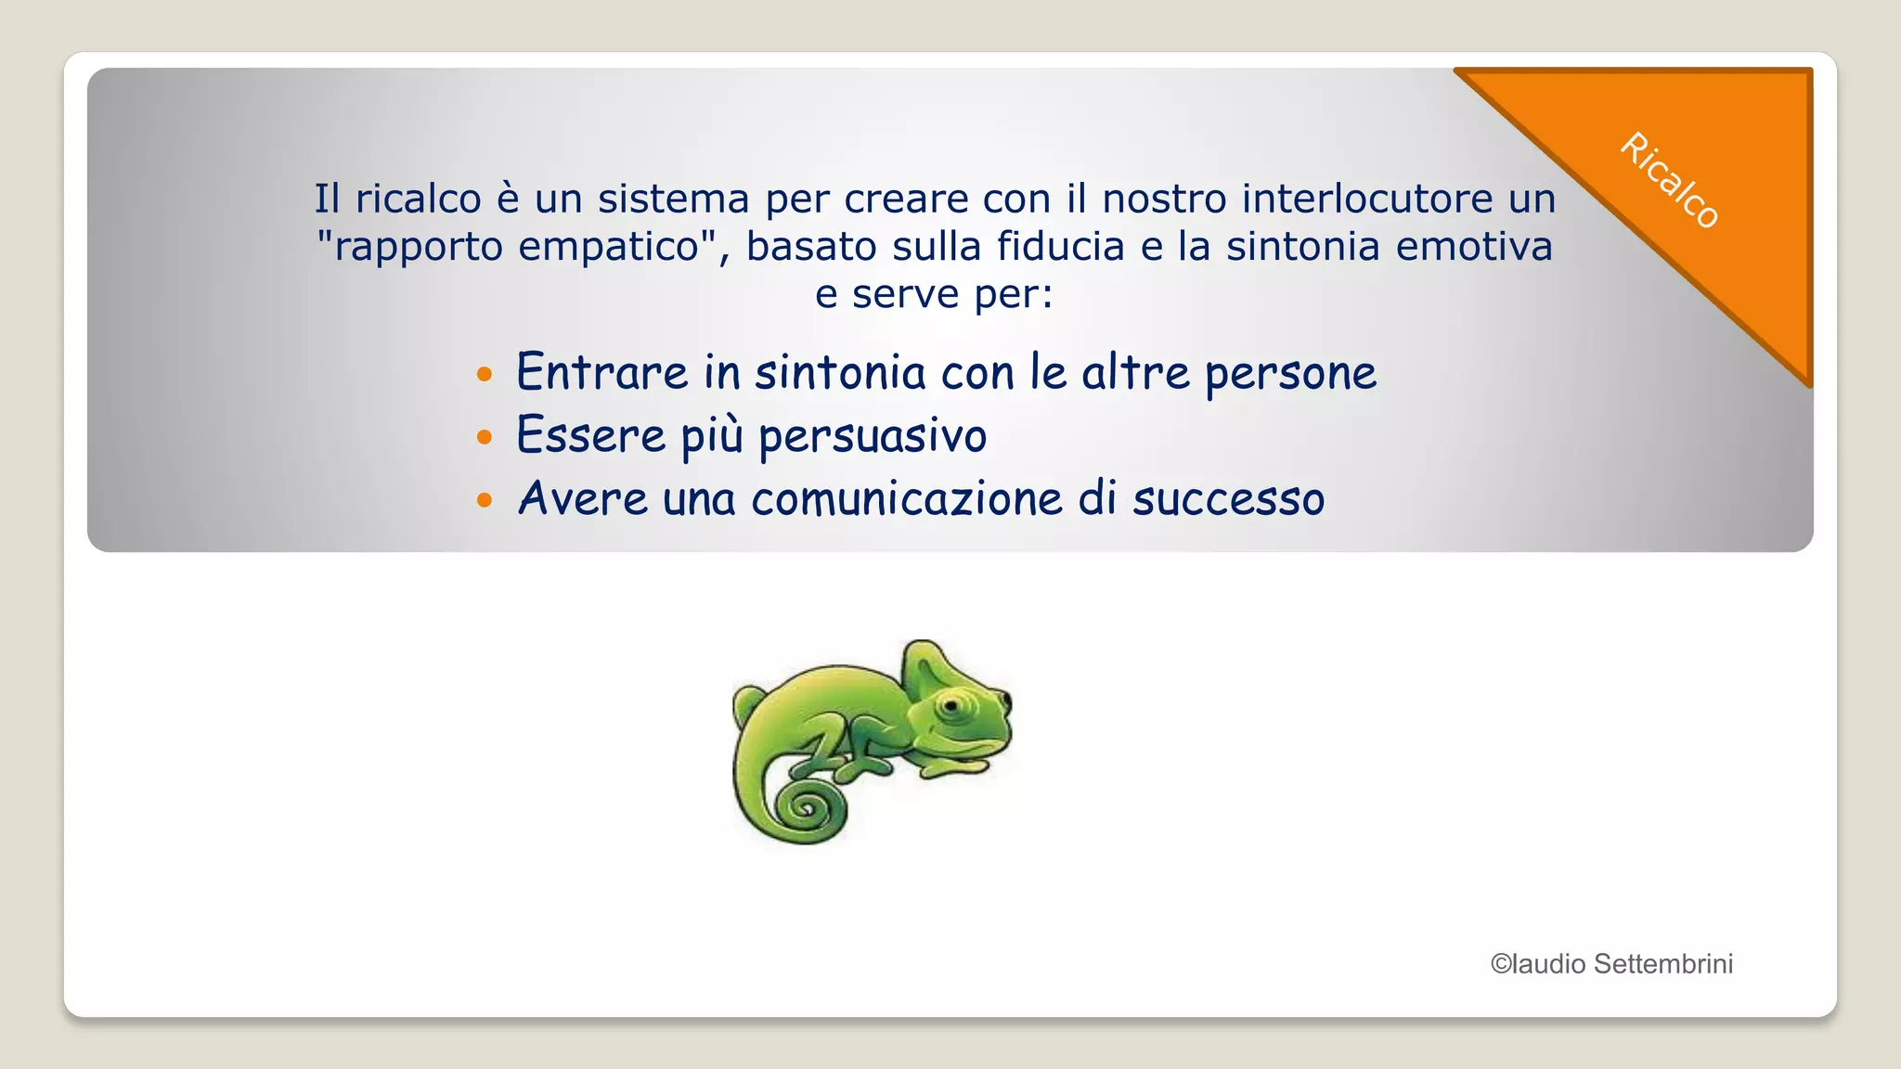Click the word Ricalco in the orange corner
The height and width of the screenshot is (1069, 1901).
(x=1670, y=180)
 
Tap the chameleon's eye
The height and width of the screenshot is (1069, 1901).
(x=951, y=706)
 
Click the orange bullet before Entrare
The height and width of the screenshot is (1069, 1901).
(x=484, y=375)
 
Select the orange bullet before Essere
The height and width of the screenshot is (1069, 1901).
(x=484, y=437)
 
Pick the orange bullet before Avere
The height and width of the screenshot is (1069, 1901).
(x=484, y=500)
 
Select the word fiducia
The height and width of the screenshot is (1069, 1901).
(x=1061, y=247)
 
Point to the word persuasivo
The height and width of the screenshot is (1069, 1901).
(x=872, y=436)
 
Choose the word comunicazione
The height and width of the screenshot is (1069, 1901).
(x=907, y=499)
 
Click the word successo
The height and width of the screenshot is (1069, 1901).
(x=1228, y=499)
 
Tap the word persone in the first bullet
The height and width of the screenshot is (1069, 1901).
(x=1290, y=374)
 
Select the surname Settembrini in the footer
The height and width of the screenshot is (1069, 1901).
(x=1662, y=964)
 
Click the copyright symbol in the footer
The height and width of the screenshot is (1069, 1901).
(x=1501, y=964)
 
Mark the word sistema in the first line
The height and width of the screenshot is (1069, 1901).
(x=672, y=199)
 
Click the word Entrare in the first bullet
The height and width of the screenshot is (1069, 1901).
(x=602, y=373)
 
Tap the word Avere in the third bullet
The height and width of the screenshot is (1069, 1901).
(x=583, y=499)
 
